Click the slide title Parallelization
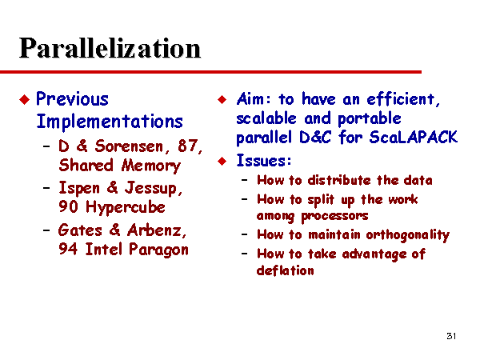coord(110,48)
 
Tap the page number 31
coord(451,336)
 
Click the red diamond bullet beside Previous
coord(25,99)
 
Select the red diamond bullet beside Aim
coord(222,99)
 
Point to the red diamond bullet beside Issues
coord(222,161)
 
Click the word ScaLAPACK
coord(414,137)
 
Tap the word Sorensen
coord(129,146)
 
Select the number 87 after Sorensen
coord(188,146)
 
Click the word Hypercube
coord(126,207)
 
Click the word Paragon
coord(158,250)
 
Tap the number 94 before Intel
coord(68,249)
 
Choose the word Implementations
coord(110,122)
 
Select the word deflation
coord(286,270)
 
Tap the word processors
coord(334,216)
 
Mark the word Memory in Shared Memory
coord(151,166)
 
